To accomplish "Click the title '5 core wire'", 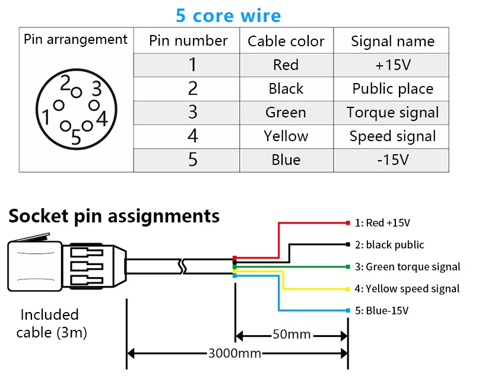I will pyautogui.click(x=228, y=15).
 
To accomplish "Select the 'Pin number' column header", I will pyautogui.click(x=188, y=41).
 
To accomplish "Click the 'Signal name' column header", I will pyautogui.click(x=392, y=42).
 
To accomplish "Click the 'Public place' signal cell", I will pyautogui.click(x=392, y=89).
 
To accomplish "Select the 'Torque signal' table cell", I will pyautogui.click(x=392, y=113).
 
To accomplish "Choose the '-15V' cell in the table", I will pyautogui.click(x=392, y=160).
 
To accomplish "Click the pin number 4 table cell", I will pyautogui.click(x=192, y=136).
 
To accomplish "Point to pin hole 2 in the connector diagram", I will pyautogui.click(x=76, y=92).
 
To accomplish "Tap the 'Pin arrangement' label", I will pyautogui.click(x=75, y=40).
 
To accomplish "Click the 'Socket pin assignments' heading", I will pyautogui.click(x=114, y=216).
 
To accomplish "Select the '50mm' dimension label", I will pyautogui.click(x=291, y=335).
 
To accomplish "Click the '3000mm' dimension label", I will pyautogui.click(x=235, y=354).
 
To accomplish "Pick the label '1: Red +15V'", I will pyautogui.click(x=383, y=223).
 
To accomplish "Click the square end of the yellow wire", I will pyautogui.click(x=347, y=289).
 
